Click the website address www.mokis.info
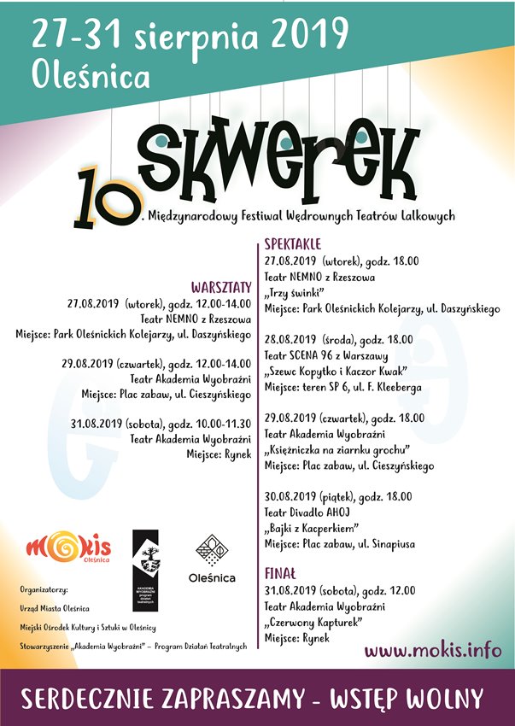pos(432,650)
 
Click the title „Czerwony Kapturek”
pos(311,622)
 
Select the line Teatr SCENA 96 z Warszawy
pos(327,355)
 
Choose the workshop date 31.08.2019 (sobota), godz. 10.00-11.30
pos(161,424)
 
